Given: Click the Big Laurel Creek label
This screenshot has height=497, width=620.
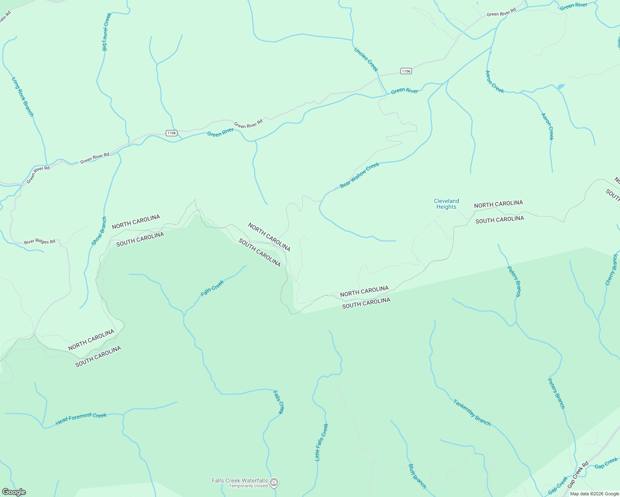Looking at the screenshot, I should (x=107, y=32).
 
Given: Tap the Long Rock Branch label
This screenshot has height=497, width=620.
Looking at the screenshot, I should (x=23, y=97).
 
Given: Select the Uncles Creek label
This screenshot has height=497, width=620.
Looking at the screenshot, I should (x=366, y=59).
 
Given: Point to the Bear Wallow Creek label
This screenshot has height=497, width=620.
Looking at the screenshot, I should (x=360, y=175).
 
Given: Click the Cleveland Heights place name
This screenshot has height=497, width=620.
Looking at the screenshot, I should (x=446, y=204).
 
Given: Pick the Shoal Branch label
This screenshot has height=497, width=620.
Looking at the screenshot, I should (x=99, y=231).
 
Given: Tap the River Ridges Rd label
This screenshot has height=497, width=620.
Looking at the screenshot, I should (x=39, y=241).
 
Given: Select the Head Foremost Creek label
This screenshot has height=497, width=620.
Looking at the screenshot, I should (x=81, y=418).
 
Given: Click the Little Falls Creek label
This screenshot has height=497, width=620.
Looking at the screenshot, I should (x=322, y=442).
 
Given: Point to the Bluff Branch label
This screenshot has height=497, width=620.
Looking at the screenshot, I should (x=417, y=476).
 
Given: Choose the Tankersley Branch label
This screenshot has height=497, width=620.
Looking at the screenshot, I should (x=472, y=413).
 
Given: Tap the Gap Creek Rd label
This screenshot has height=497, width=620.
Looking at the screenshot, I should (x=578, y=474).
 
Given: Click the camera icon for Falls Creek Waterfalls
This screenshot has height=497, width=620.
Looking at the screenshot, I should (x=274, y=482).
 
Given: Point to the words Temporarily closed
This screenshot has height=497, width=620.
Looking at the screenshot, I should (x=248, y=486).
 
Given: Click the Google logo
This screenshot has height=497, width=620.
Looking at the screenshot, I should (x=14, y=492).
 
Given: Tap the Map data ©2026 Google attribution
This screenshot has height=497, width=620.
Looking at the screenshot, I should (x=594, y=494).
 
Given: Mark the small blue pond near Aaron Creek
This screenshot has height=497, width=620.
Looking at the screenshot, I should (x=561, y=87).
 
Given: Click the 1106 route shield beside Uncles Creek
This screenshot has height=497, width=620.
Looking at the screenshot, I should (x=406, y=71).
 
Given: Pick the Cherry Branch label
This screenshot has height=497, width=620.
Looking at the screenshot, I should (x=611, y=270).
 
